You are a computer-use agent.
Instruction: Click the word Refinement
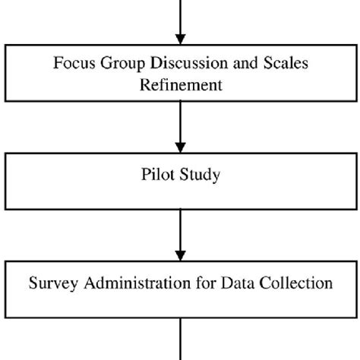tap(180, 84)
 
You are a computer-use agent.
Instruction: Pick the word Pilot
tap(156, 175)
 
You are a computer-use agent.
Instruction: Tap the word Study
tap(200, 175)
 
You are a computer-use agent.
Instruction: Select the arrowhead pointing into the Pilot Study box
tap(180, 147)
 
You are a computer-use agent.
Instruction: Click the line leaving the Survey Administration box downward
tap(180, 338)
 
